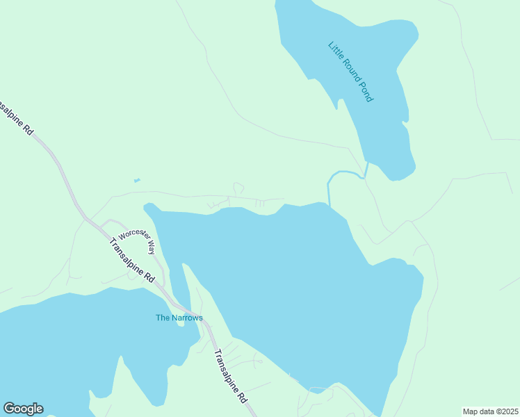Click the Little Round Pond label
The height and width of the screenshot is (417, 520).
point(350,72)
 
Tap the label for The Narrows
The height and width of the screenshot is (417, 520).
point(179,318)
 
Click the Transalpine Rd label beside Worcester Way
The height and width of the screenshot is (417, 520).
point(132,260)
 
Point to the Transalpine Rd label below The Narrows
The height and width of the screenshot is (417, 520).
point(230,376)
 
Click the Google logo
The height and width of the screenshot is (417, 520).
point(23,409)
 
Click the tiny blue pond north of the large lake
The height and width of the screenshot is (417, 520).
point(137,181)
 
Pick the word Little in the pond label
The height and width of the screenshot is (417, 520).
point(335,51)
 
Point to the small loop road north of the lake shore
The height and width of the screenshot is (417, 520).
point(238,188)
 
